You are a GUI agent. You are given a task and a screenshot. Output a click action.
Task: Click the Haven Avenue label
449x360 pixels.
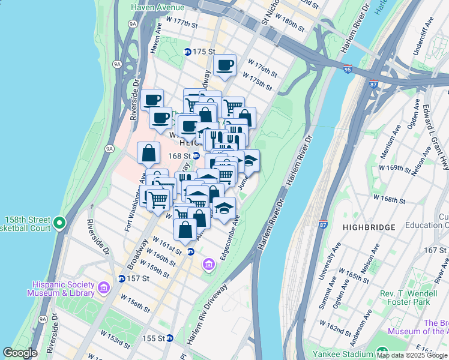[x=158, y=7]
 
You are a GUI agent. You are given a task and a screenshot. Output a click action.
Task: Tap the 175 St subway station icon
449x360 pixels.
[x=187, y=52]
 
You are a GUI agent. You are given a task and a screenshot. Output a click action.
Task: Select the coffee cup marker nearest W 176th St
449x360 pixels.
[x=225, y=66]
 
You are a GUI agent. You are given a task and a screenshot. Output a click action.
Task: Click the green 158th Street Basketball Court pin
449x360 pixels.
[x=59, y=224]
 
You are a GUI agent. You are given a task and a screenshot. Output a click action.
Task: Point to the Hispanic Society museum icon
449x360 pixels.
[x=103, y=289]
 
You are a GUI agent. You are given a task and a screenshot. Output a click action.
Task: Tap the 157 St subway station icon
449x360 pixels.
[x=122, y=278]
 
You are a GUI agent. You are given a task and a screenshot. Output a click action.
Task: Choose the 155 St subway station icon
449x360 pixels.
[x=170, y=338]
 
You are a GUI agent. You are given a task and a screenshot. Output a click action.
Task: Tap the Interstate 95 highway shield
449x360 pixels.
[x=349, y=69]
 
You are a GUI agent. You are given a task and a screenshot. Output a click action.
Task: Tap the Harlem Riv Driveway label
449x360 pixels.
[x=207, y=313]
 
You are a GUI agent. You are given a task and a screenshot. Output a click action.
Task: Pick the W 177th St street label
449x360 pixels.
[x=182, y=23]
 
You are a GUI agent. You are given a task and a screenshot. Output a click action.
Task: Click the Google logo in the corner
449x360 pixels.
[x=20, y=353]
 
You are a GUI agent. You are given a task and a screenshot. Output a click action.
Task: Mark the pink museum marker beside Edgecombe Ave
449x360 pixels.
[x=209, y=264]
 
